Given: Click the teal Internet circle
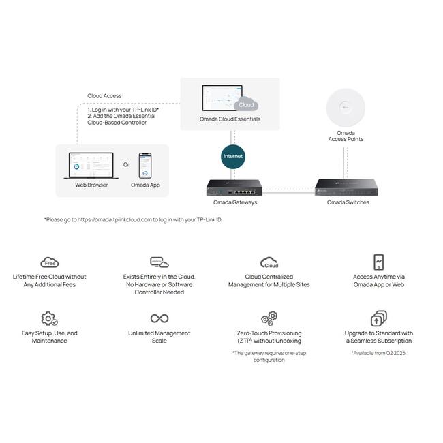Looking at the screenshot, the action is (233, 157).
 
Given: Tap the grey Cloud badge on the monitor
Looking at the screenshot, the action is (246, 104).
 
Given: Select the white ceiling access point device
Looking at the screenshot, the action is (346, 108).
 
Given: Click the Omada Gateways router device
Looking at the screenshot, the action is (234, 187).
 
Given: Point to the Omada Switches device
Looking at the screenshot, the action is (347, 187).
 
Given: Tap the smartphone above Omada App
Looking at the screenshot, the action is (145, 166).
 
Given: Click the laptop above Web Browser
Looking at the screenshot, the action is (91, 166).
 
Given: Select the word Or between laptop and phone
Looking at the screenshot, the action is (126, 164).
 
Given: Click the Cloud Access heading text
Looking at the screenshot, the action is (104, 96).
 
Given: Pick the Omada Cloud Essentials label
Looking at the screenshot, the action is (230, 119).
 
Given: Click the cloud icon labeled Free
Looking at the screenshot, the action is (50, 262).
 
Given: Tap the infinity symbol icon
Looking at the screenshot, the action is (159, 318).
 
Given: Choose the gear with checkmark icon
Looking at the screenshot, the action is (49, 319).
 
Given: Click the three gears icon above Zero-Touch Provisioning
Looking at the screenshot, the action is (269, 318).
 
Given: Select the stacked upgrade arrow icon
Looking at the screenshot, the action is (378, 318).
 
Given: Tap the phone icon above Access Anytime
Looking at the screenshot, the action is (378, 262).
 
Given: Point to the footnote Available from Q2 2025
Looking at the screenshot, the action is (378, 353).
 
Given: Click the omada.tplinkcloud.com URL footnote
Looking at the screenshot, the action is (133, 220).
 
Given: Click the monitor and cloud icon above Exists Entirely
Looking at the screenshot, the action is (159, 262).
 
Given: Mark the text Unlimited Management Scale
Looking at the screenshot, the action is (159, 337).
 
